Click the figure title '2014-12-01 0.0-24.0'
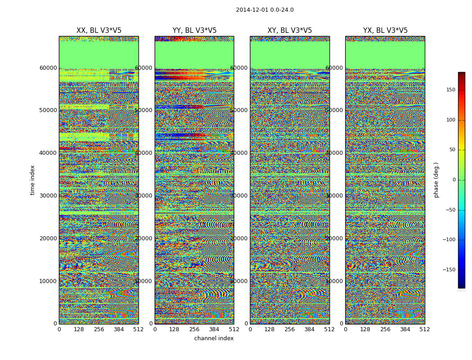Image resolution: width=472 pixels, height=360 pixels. click(x=264, y=10)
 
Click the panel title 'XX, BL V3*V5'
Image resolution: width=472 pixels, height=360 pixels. click(x=99, y=31)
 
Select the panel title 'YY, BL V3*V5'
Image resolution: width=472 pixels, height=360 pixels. click(x=194, y=31)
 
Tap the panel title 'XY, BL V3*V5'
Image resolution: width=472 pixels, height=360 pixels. click(x=289, y=31)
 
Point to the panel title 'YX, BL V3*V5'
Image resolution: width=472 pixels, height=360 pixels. click(x=385, y=31)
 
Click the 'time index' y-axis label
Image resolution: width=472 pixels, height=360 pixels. click(x=32, y=180)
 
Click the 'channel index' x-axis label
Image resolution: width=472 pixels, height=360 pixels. click(x=214, y=338)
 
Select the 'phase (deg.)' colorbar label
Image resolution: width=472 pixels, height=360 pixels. click(x=436, y=180)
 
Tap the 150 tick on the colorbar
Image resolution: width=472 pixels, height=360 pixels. click(x=450, y=90)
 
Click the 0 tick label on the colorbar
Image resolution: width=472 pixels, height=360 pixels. click(x=454, y=180)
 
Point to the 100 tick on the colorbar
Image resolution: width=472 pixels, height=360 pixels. click(x=450, y=120)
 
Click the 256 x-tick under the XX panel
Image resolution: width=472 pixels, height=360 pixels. click(x=99, y=329)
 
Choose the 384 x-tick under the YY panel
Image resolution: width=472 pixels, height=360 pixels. click(x=214, y=329)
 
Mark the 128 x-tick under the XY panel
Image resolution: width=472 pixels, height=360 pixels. click(x=270, y=329)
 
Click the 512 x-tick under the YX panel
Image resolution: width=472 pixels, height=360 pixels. click(x=425, y=329)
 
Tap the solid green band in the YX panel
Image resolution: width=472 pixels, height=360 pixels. click(x=385, y=55)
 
